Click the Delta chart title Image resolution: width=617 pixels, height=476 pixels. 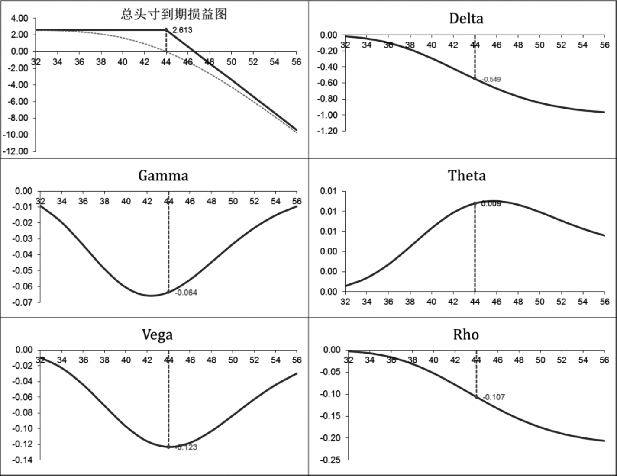tap(466, 18)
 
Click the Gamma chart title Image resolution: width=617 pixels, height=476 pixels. tap(163, 175)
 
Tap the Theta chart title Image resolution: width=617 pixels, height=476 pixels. tap(466, 175)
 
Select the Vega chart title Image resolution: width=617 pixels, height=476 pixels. tap(157, 334)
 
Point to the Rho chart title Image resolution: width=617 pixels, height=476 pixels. tap(466, 334)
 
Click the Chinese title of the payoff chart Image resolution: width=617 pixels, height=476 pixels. tap(174, 14)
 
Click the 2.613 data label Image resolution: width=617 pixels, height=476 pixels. tap(182, 30)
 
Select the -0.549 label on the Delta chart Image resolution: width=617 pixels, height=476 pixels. tap(491, 80)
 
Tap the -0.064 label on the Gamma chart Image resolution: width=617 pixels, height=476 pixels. tap(186, 293)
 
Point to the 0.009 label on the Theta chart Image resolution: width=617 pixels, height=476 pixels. tap(491, 204)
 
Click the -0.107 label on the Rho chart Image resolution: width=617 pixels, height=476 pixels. tap(494, 397)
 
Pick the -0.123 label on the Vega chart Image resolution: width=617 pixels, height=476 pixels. tap(186, 447)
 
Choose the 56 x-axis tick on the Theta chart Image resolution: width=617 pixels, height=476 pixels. tap(604, 302)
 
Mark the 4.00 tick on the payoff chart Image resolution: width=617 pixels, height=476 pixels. tap(19, 18)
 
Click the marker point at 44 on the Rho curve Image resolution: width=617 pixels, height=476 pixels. tap(476, 397)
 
